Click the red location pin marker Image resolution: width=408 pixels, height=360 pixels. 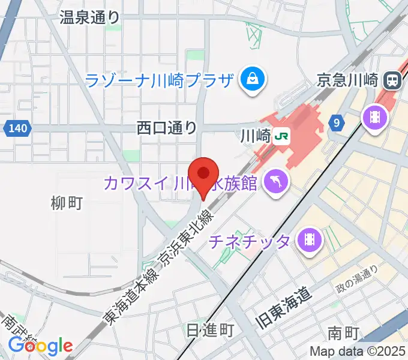click(203, 175)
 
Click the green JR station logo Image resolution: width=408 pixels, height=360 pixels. click(280, 136)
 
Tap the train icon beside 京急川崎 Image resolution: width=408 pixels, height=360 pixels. click(394, 79)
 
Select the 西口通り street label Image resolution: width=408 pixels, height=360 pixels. click(166, 127)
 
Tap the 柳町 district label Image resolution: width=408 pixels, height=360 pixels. click(67, 203)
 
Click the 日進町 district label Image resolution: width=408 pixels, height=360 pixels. click(209, 331)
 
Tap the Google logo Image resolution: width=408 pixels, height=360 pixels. click(40, 346)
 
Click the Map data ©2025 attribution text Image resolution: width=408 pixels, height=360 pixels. click(357, 352)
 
